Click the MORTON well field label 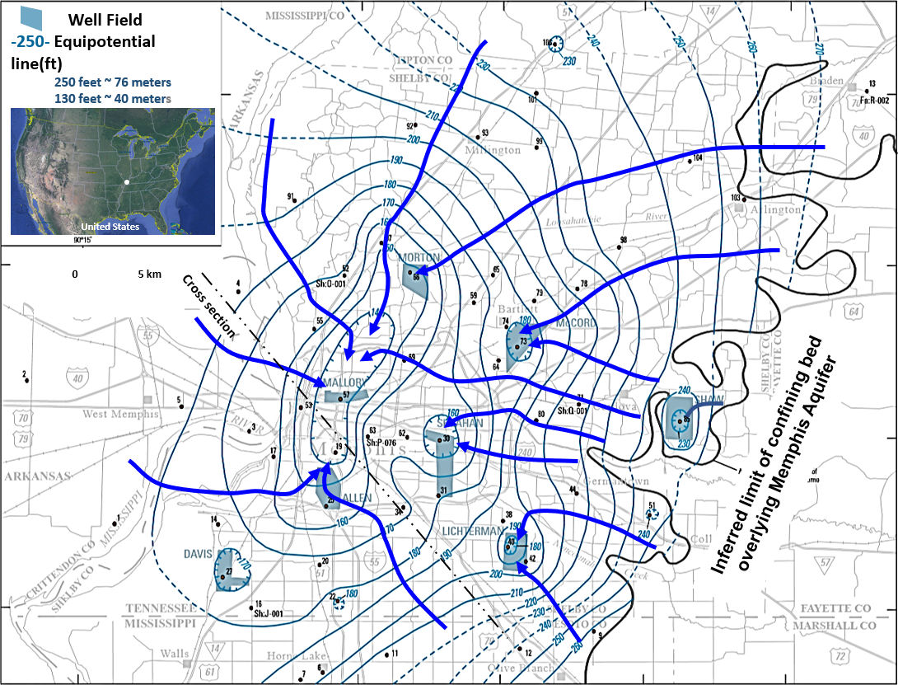[x=419, y=257]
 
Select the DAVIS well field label [x=199, y=554]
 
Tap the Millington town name [x=493, y=150]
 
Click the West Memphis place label [x=119, y=414]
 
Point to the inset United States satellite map [x=113, y=171]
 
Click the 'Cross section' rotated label [x=210, y=305]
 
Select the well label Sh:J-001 [x=269, y=613]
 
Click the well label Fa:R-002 [x=874, y=100]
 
